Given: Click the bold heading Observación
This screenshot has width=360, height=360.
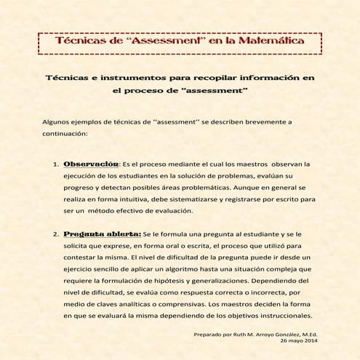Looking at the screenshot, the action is (x=91, y=164).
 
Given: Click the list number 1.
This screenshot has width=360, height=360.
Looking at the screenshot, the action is (x=55, y=164).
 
